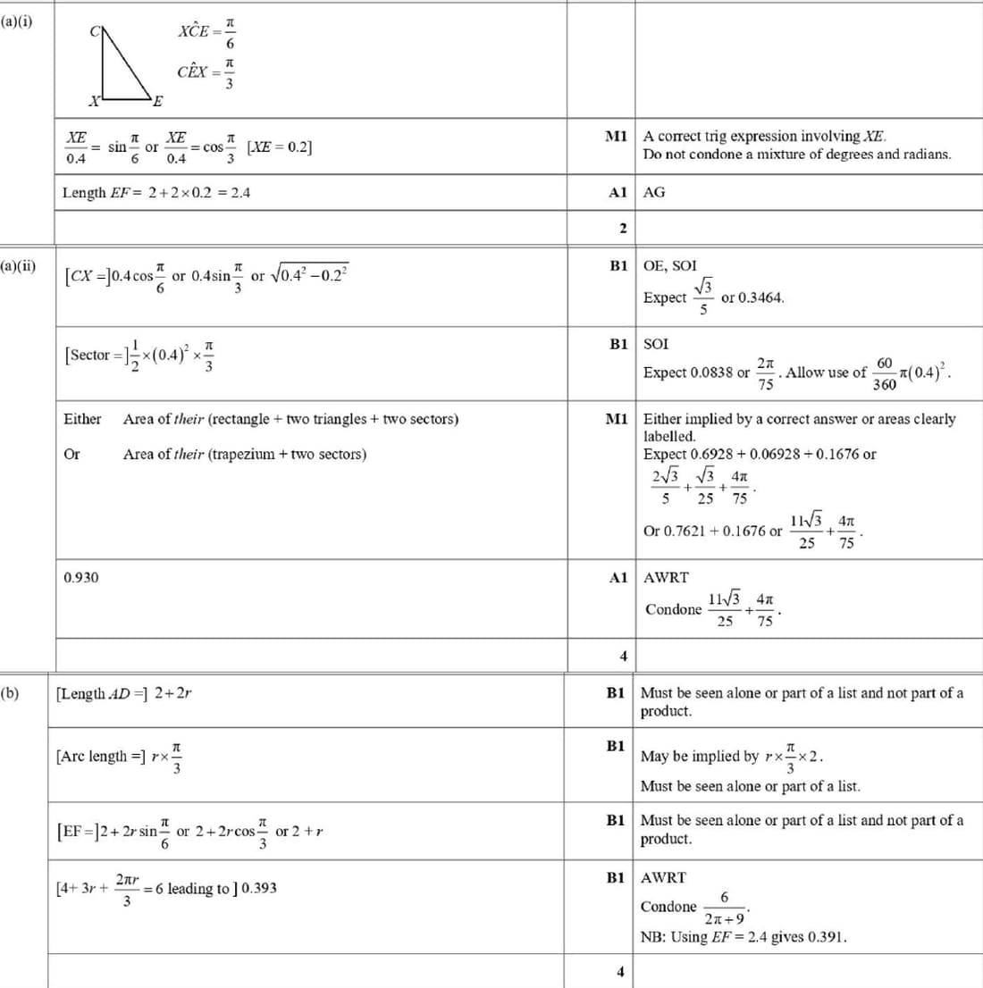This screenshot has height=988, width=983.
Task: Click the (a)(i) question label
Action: (16, 21)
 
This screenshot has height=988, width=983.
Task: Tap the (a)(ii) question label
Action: (18, 266)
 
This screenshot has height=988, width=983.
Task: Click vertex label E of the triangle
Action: (158, 100)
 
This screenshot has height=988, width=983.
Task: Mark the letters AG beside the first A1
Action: (654, 192)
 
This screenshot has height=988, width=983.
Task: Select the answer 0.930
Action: (81, 578)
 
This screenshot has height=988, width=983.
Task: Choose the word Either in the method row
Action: (82, 419)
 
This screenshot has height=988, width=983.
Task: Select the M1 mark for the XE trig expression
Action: (616, 137)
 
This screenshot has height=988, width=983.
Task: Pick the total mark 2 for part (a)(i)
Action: (623, 229)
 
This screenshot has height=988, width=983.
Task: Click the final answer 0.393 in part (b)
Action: (259, 888)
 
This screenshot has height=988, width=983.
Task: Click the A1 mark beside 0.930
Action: (618, 578)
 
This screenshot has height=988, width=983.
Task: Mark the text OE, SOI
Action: (670, 266)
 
